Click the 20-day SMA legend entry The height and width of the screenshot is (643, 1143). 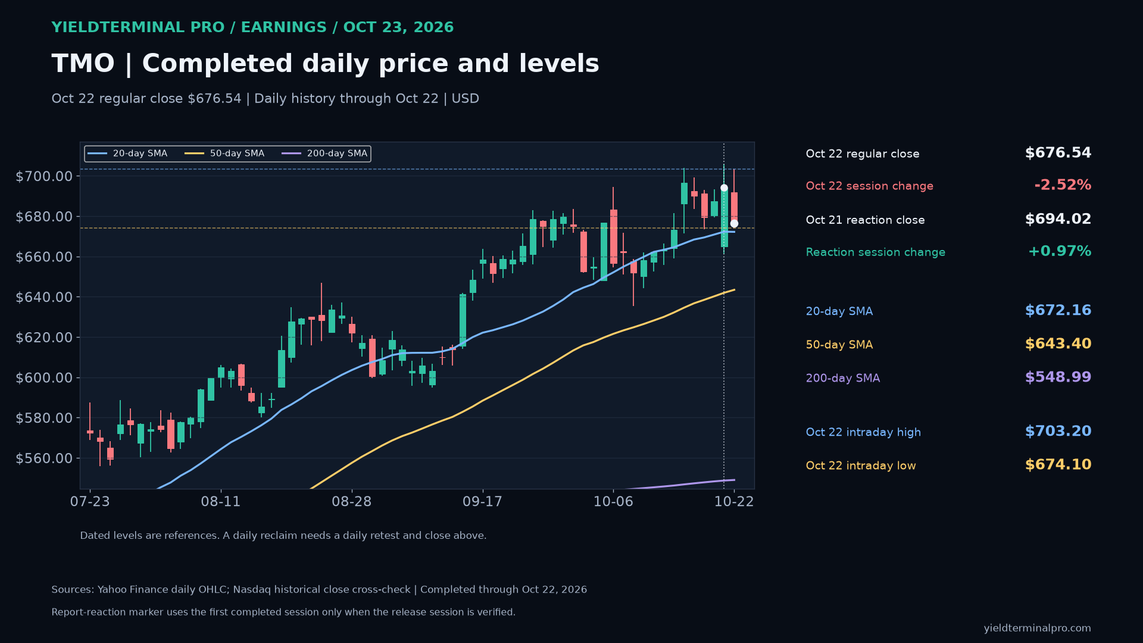tap(127, 154)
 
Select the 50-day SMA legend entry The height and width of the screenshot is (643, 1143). tap(224, 154)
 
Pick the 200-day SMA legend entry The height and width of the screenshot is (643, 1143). tap(324, 154)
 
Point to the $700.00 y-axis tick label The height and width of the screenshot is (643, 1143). tap(44, 176)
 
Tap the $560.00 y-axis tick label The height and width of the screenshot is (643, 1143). tap(44, 458)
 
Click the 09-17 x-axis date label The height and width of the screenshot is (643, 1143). tap(482, 502)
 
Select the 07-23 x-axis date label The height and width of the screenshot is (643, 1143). tap(90, 502)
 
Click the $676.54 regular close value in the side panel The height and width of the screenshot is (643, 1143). tap(1058, 153)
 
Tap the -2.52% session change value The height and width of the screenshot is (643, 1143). tap(1063, 185)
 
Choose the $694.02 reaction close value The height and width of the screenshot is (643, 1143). tap(1058, 219)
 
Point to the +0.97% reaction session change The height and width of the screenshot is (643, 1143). tap(1060, 251)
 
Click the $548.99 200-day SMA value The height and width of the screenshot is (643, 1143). tap(1058, 377)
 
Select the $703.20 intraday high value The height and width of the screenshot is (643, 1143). tap(1058, 431)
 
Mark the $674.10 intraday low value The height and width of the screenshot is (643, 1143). tap(1058, 464)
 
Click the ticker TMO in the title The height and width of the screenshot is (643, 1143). tap(83, 64)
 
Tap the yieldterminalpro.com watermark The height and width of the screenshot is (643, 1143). tap(1037, 628)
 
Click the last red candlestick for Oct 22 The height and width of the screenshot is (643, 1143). tap(734, 208)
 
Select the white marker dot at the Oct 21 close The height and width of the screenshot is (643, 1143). tap(724, 188)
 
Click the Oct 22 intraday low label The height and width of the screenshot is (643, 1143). tap(861, 466)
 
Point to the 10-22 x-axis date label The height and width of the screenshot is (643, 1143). tap(734, 502)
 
